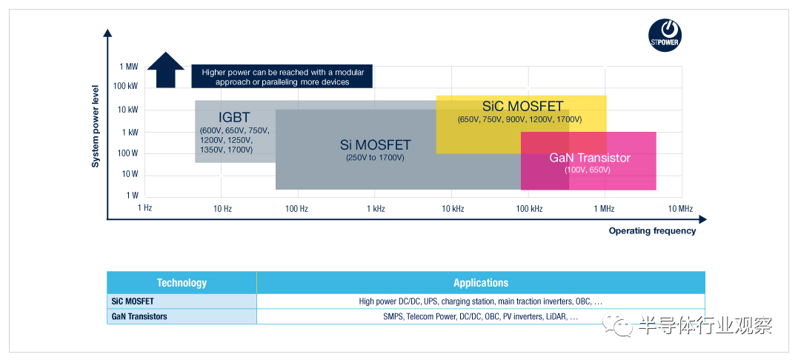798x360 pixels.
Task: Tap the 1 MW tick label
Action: point(129,67)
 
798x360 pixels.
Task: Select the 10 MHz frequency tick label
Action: point(679,208)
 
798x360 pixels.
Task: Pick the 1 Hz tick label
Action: point(144,208)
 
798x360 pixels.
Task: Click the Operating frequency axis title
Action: point(652,231)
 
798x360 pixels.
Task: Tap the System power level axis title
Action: point(95,127)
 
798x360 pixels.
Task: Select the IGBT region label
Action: point(234,116)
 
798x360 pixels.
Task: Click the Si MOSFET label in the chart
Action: point(375,145)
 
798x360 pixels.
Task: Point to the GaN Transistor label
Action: point(590,158)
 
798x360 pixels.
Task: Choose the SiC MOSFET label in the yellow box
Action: point(522,106)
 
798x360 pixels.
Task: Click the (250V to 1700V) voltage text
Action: point(375,158)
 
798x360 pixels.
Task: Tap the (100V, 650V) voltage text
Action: point(587,170)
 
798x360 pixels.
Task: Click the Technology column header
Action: point(182,283)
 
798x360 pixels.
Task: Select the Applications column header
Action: point(481,283)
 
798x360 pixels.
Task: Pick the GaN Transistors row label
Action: point(139,316)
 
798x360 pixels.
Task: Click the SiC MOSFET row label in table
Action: point(133,301)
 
